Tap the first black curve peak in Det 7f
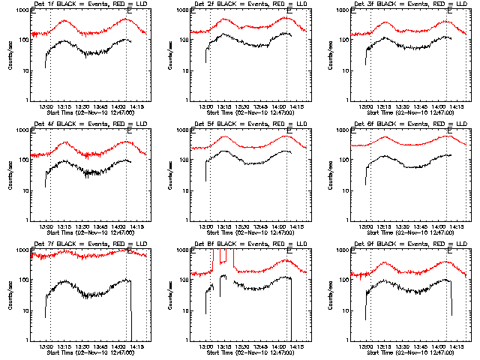(64, 280)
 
